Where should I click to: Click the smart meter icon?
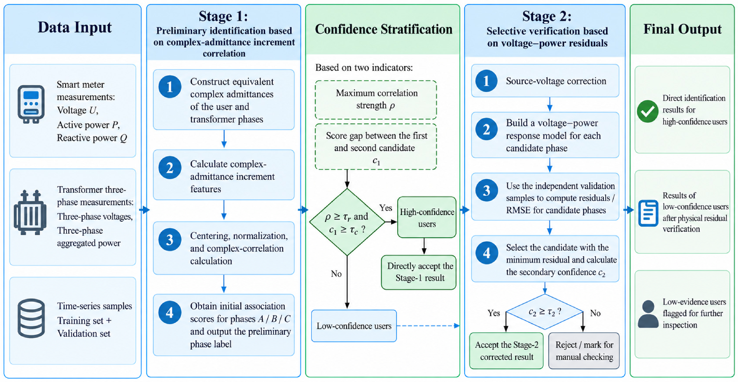click(31, 104)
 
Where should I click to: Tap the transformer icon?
click(30, 212)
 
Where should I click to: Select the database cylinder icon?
click(31, 318)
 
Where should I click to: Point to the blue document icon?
click(648, 213)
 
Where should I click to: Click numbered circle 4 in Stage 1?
click(170, 312)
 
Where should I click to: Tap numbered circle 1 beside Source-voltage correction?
click(486, 81)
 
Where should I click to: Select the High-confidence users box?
click(426, 217)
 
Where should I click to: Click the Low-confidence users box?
click(354, 326)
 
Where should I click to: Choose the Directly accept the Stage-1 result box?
click(419, 272)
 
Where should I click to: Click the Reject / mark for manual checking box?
click(584, 351)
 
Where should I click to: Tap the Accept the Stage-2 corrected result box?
click(506, 351)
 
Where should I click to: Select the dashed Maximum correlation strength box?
click(376, 100)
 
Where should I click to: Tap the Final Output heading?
click(682, 29)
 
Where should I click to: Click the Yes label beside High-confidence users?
click(386, 208)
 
